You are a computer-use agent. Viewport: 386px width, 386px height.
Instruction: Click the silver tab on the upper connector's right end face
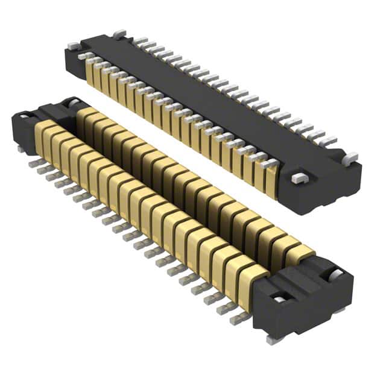tap(297, 178)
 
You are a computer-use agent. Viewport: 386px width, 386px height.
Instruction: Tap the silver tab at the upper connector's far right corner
tap(350, 158)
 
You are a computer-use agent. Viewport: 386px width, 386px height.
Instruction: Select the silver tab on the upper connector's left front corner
tap(73, 46)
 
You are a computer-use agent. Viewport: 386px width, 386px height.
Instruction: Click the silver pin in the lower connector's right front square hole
tap(278, 299)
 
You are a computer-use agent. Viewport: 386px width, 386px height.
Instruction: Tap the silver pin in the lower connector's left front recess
tap(26, 116)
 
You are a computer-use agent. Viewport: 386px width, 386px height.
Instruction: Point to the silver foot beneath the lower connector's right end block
tap(273, 339)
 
